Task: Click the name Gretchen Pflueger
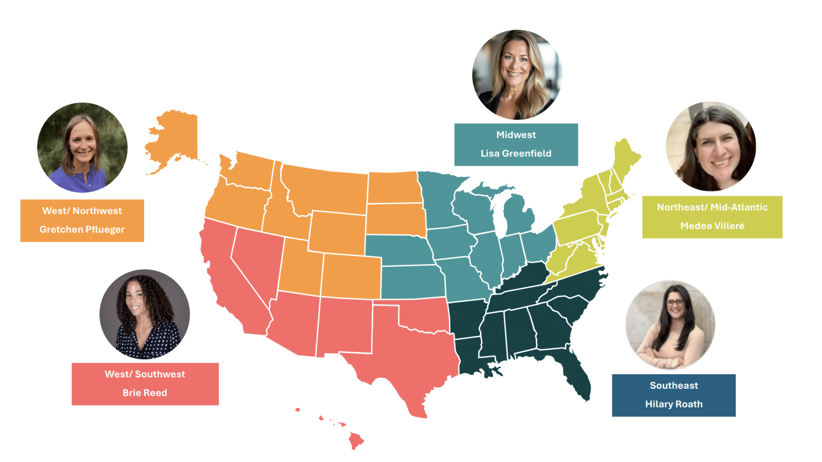pos(82,229)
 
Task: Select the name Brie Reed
pos(145,393)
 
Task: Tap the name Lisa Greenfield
pos(516,153)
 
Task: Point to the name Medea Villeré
pos(712,226)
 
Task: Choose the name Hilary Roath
pos(674,404)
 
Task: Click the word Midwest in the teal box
pos(516,135)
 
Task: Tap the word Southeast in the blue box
pos(674,386)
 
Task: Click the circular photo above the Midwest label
pos(517,75)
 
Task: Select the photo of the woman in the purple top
pos(82,148)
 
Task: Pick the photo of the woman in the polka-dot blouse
pos(145,314)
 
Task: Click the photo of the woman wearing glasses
pos(670,325)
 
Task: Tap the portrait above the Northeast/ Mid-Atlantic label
pos(711,147)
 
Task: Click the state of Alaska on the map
pos(175,137)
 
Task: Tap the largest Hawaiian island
pos(356,440)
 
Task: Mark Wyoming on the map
pos(338,233)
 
